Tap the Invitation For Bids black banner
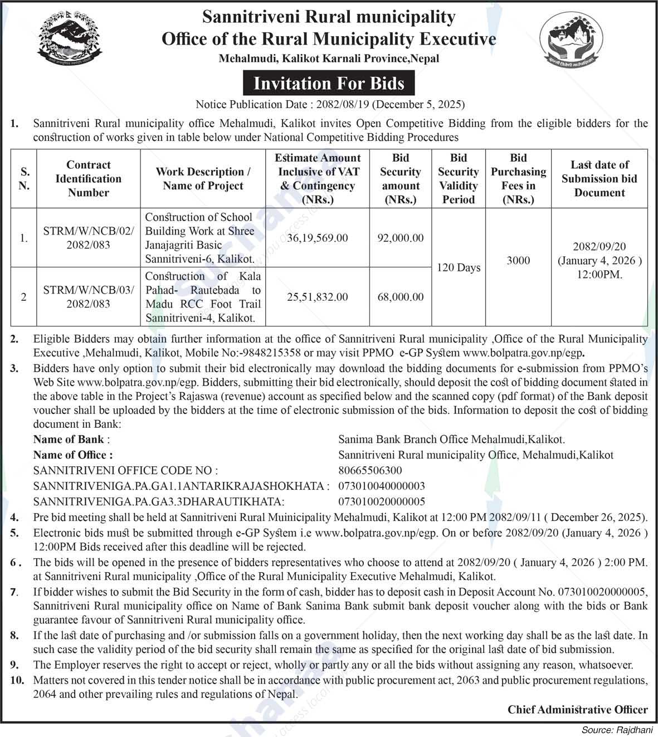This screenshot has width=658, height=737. tap(329, 84)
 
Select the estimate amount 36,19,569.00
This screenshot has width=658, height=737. tap(318, 238)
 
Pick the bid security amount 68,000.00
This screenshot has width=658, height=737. tap(401, 297)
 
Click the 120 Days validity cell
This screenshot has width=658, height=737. tap(459, 267)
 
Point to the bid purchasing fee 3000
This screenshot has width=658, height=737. tap(518, 260)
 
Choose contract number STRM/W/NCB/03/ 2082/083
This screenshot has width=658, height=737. tap(89, 297)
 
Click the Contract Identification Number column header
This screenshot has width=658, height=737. tap(89, 178)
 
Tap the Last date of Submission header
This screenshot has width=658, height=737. tap(599, 178)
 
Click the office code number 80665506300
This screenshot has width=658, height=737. tap(370, 470)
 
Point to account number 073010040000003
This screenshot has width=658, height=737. tap(382, 486)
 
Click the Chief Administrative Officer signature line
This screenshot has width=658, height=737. tap(577, 709)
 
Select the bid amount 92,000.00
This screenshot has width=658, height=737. tap(401, 238)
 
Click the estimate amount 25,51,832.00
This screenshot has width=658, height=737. tap(318, 297)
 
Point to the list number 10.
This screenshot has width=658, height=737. tap(17, 680)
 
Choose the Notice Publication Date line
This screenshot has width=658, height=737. tap(330, 104)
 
